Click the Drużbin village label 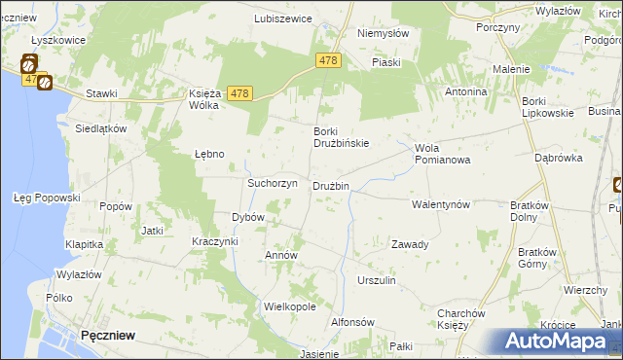[331, 186]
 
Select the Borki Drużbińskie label [341, 138]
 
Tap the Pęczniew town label [108, 334]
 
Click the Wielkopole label [290, 306]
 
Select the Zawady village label [410, 244]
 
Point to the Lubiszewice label [282, 18]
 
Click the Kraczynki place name [215, 240]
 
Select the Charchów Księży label [461, 318]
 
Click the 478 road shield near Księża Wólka [241, 93]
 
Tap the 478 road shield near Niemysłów [328, 60]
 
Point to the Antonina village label [465, 91]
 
